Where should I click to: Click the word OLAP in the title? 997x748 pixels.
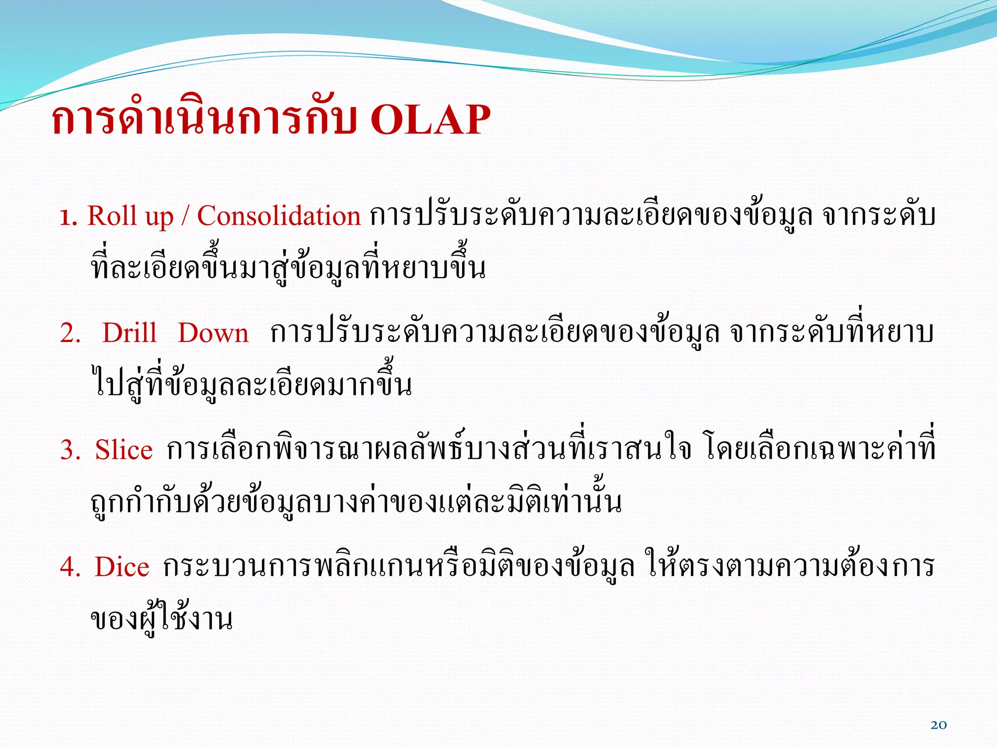tap(430, 120)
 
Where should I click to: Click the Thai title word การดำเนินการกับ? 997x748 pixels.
tap(204, 120)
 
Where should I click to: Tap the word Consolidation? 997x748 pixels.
tap(278, 216)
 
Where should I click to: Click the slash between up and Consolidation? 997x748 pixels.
tap(185, 217)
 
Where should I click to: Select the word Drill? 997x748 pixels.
tap(129, 333)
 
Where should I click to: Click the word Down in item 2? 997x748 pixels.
tap(213, 333)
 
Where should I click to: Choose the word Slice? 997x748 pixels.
tap(124, 449)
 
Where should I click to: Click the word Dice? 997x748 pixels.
tap(122, 567)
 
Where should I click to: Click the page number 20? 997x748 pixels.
tap(939, 725)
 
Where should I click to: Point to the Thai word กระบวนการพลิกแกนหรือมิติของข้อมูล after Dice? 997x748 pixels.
tap(398, 567)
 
